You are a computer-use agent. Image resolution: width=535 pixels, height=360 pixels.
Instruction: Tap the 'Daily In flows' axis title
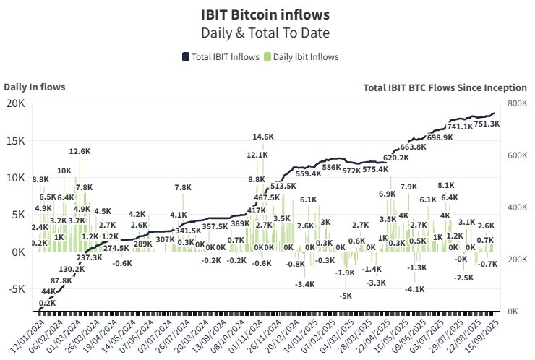click(35, 87)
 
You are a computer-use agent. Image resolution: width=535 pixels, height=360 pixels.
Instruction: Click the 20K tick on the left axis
click(16, 103)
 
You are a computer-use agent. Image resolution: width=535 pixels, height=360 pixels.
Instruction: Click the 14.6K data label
click(263, 137)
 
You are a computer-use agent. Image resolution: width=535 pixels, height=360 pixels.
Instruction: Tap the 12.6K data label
click(80, 152)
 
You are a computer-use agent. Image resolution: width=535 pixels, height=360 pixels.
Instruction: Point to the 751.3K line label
click(487, 124)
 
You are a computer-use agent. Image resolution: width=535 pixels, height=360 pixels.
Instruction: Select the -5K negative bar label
click(346, 296)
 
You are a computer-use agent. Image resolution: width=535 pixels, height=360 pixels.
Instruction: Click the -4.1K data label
click(414, 289)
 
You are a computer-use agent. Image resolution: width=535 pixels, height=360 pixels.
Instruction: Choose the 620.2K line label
click(396, 158)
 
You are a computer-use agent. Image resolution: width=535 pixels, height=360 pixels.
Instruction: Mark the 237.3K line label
click(90, 257)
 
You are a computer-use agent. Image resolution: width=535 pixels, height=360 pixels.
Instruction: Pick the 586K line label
click(331, 167)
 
